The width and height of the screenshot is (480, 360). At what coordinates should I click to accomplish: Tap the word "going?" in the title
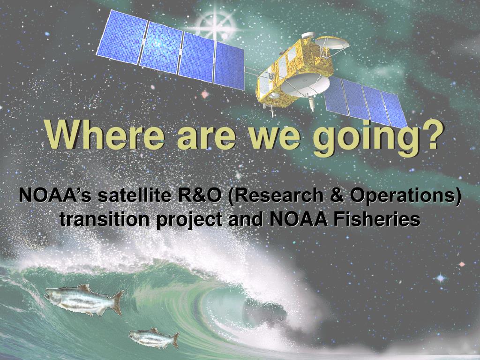tap(378, 138)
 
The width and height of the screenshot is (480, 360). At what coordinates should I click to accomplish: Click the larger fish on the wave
tap(84, 300)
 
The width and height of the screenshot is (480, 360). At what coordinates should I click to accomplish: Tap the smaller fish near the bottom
tap(154, 338)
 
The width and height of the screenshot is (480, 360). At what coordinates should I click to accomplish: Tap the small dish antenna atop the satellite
tap(332, 43)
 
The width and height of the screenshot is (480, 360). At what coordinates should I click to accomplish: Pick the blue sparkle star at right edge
tap(441, 278)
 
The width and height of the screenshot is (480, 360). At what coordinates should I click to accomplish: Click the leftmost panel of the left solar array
tap(122, 37)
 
